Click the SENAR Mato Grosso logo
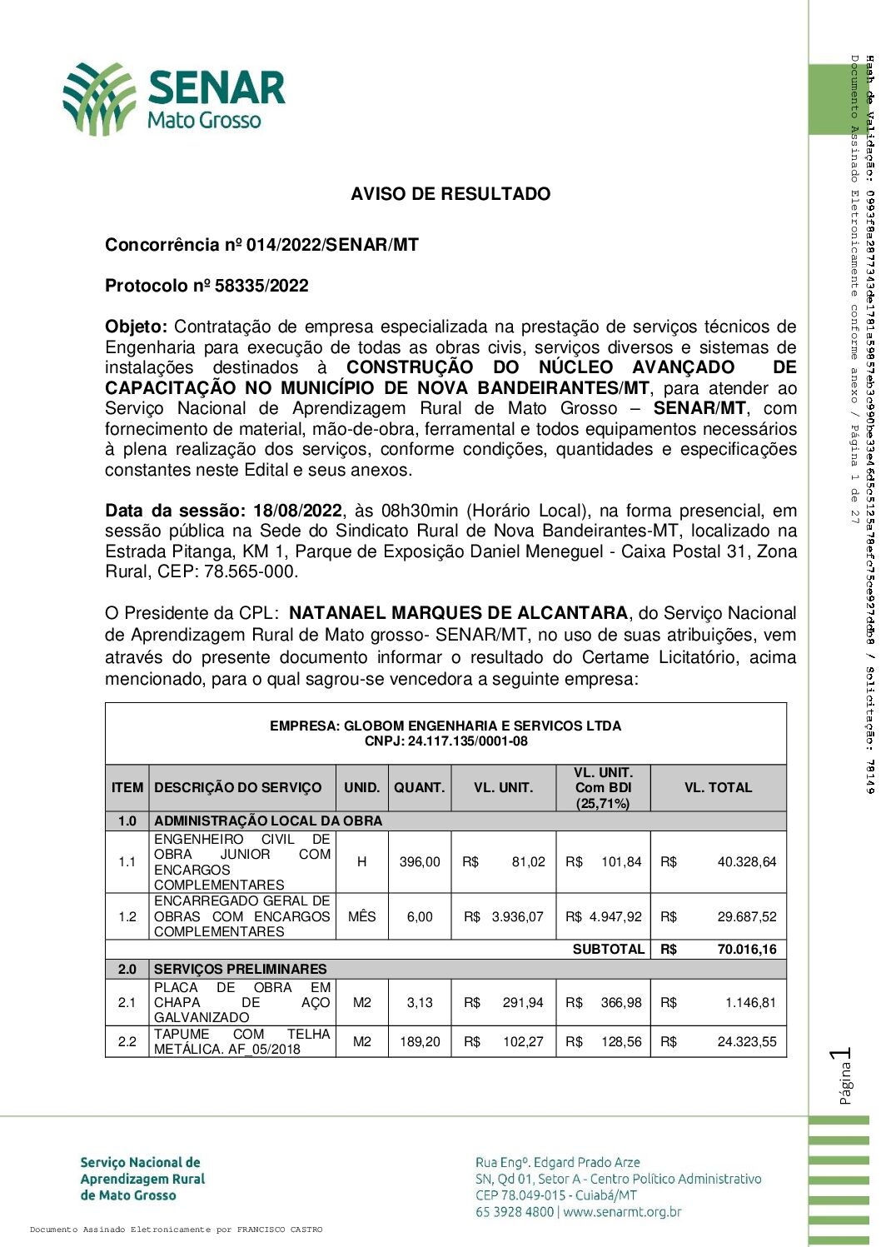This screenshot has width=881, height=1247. [174, 98]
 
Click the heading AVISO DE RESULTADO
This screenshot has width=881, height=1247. [450, 194]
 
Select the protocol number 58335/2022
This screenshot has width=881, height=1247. [261, 286]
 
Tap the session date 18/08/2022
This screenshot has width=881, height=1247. [298, 511]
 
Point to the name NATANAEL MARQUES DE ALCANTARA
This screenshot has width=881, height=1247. [458, 613]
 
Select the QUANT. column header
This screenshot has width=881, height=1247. [420, 787]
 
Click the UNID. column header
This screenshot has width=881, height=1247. [362, 787]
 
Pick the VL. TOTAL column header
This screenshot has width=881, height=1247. [718, 787]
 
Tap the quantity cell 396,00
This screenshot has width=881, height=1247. [420, 861]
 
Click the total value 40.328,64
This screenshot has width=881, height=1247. [746, 861]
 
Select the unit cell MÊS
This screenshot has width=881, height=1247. [362, 916]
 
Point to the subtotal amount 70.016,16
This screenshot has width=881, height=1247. [746, 949]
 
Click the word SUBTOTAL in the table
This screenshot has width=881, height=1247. [609, 949]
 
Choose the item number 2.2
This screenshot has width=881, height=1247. [127, 1041]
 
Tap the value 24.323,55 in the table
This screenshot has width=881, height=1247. [746, 1041]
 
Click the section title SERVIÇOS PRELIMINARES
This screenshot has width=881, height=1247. [241, 969]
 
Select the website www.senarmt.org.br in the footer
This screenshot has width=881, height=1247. [622, 1212]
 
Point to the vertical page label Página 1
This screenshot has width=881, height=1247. [844, 1076]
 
